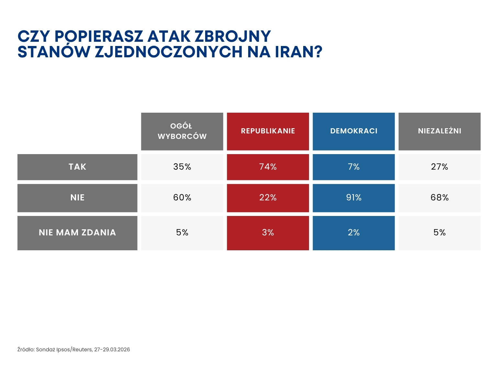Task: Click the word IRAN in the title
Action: [x=294, y=52]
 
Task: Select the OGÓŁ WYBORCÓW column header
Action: [x=182, y=131]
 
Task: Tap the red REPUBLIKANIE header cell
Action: [x=268, y=131]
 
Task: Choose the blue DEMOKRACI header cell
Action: [x=354, y=131]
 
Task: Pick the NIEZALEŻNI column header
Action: [x=439, y=131]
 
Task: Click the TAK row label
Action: [x=77, y=167]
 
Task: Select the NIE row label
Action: [x=77, y=198]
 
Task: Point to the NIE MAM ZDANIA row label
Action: [x=77, y=233]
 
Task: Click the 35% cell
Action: [x=182, y=167]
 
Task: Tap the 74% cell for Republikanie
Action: [x=268, y=167]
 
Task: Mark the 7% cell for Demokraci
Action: [x=354, y=167]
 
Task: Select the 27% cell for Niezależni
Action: [x=439, y=167]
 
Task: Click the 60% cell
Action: [x=182, y=198]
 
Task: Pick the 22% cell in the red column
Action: [x=268, y=198]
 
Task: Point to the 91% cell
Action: [x=354, y=198]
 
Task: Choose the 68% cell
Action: [x=439, y=198]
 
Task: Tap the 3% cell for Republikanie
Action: [x=268, y=233]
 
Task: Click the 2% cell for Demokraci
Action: [x=354, y=233]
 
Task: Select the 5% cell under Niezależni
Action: [x=439, y=233]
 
